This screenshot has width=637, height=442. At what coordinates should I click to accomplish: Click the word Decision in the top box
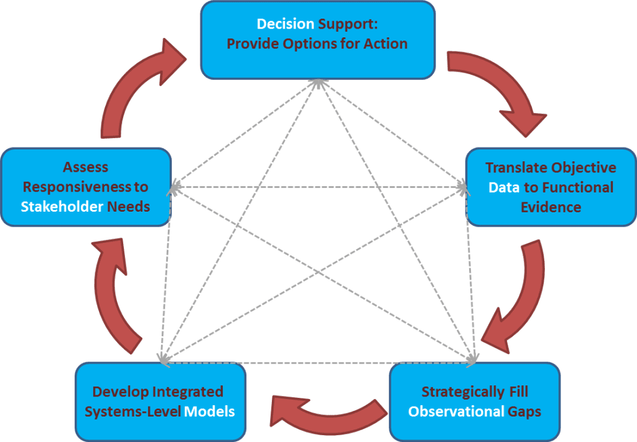coord(286,24)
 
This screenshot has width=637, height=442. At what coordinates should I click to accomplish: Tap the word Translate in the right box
coord(515,168)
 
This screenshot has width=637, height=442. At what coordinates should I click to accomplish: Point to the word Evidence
coord(551,207)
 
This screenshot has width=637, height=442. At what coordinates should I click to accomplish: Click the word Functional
coord(578,187)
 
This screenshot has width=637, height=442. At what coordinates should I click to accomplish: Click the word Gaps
coord(523,411)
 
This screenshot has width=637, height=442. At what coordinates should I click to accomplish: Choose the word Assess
coord(86,167)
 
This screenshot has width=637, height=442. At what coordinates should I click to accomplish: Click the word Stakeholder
coord(62,207)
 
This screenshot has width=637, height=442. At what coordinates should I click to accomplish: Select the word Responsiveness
coord(73,187)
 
